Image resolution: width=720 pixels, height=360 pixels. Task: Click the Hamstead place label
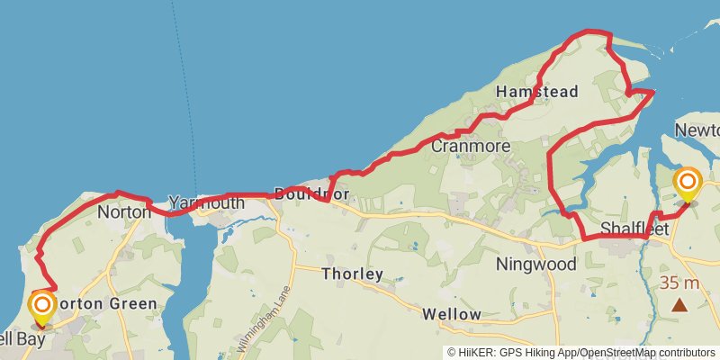pyautogui.click(x=536, y=92)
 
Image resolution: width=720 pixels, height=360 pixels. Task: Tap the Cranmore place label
pyautogui.click(x=471, y=146)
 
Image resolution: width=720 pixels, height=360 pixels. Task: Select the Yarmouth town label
pyautogui.click(x=206, y=203)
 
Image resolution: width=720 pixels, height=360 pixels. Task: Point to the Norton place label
pyautogui.click(x=123, y=213)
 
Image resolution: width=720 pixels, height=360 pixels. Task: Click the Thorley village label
pyautogui.click(x=352, y=274)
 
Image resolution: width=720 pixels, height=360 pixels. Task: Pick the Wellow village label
pyautogui.click(x=452, y=314)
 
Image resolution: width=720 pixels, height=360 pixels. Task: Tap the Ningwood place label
pyautogui.click(x=535, y=265)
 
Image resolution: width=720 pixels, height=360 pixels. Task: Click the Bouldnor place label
pyautogui.click(x=310, y=194)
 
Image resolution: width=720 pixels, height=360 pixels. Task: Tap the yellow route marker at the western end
pyautogui.click(x=41, y=307)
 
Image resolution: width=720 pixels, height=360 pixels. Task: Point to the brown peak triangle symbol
pyautogui.click(x=679, y=305)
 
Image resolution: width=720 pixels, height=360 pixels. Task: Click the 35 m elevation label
pyautogui.click(x=680, y=283)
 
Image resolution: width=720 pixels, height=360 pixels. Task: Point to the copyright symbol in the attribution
pyautogui.click(x=452, y=352)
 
